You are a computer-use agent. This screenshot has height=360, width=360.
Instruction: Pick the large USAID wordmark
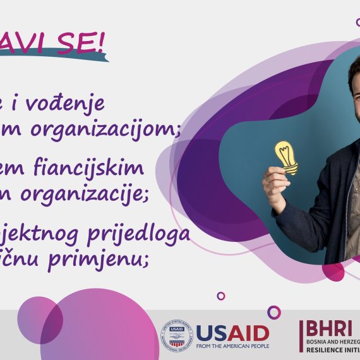tap(232, 332)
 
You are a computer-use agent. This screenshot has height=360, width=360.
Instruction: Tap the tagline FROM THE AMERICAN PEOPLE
tap(232, 346)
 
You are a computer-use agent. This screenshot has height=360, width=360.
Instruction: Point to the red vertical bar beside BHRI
tap(302, 335)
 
